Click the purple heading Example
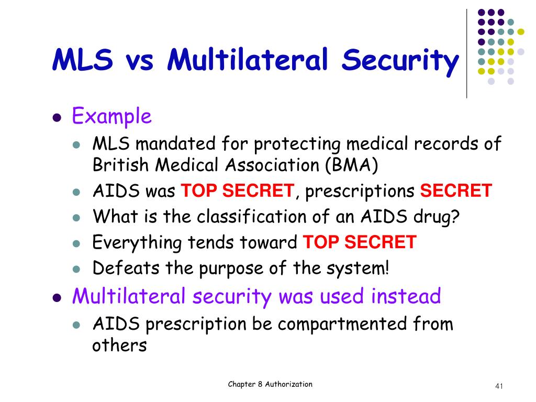(111, 116)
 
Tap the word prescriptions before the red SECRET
(361, 191)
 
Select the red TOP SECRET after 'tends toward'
(360, 242)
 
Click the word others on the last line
(119, 345)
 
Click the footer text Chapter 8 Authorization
(270, 384)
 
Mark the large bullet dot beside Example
(58, 118)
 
